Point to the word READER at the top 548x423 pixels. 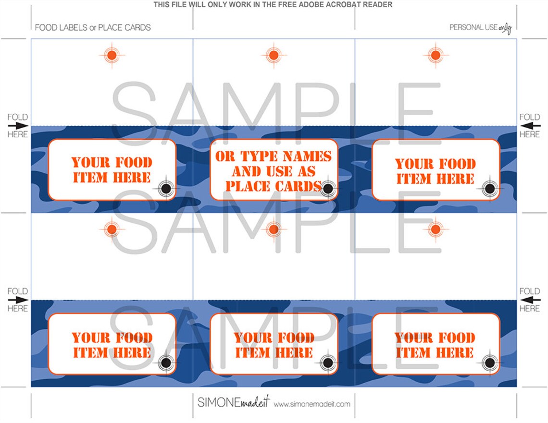click(x=379, y=5)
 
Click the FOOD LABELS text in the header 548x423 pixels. click(x=61, y=28)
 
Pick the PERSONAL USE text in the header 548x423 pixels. click(x=473, y=27)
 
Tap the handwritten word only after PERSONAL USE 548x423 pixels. click(x=505, y=28)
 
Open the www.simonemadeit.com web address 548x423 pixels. click(x=312, y=404)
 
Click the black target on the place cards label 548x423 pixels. click(x=327, y=189)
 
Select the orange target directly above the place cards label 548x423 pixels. click(x=274, y=55)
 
